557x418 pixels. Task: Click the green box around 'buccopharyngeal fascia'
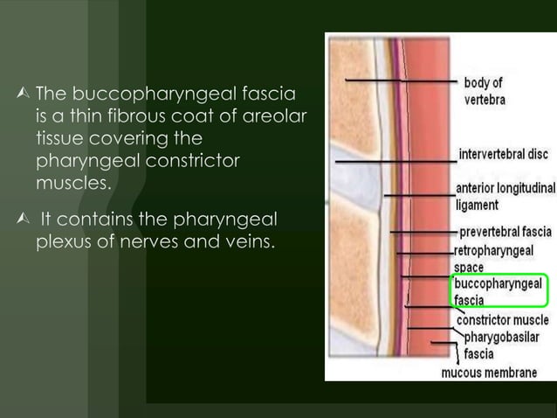[x=499, y=291]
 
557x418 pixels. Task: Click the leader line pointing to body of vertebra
[x=402, y=81]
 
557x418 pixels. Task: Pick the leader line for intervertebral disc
[x=393, y=162]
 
